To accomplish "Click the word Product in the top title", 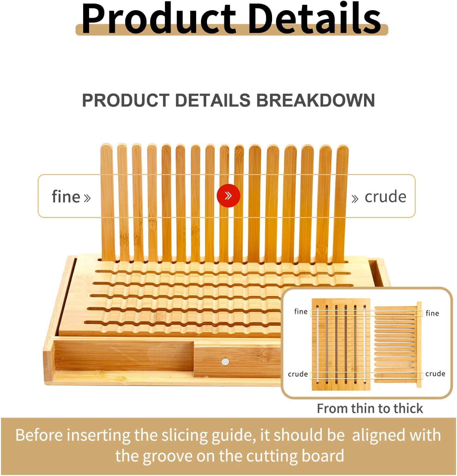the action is (x=159, y=19).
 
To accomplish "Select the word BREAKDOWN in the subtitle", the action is (x=315, y=100).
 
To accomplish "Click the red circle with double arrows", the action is (x=228, y=196).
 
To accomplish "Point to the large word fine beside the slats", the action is (x=66, y=196).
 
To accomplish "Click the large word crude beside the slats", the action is (x=385, y=197).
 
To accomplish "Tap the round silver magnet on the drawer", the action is (x=225, y=362).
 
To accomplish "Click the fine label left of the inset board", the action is (x=301, y=311).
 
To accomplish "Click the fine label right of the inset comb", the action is (x=432, y=313).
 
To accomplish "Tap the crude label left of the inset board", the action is (x=298, y=374).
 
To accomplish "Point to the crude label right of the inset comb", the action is (x=435, y=373).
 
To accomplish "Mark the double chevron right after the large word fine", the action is (x=87, y=198).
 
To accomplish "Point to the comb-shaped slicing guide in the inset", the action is (x=398, y=345).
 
